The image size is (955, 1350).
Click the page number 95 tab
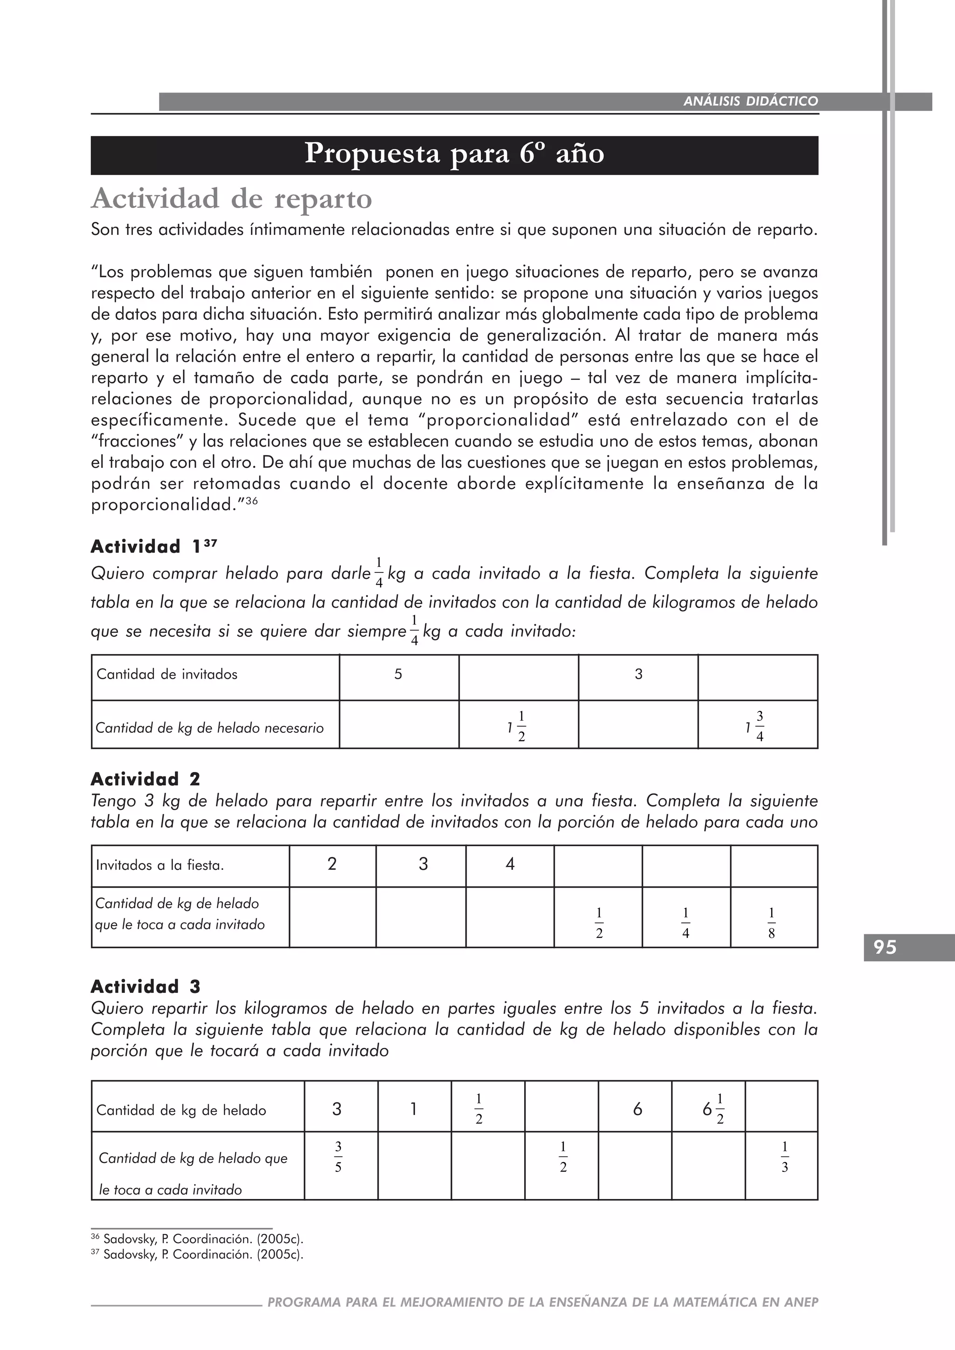point(885,947)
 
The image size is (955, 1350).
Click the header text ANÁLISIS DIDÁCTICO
point(750,101)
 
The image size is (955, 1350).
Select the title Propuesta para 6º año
point(454,155)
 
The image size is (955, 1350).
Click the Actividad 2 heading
point(145,780)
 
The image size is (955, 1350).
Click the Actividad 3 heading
point(145,987)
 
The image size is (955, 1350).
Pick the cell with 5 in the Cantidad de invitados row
point(398,675)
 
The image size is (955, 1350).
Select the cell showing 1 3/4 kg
point(757,725)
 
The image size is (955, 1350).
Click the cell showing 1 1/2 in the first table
point(518,725)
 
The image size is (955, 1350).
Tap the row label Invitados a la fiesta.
point(160,866)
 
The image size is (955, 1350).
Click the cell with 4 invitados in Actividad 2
point(510,864)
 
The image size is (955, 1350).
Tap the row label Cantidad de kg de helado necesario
point(209,729)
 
